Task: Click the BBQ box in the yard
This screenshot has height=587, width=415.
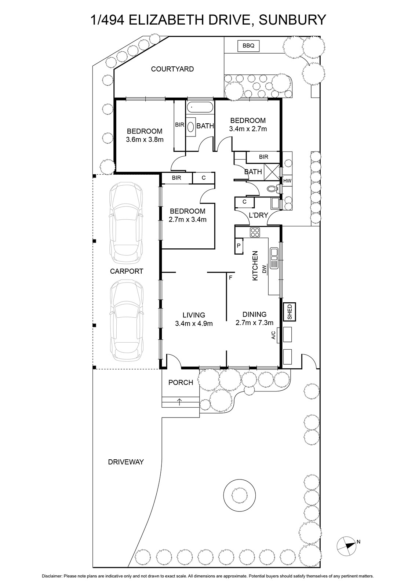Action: tap(248, 46)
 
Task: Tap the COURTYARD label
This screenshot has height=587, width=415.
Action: tap(172, 69)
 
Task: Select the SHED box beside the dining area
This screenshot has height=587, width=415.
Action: tap(290, 311)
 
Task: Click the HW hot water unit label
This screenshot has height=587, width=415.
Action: tap(287, 181)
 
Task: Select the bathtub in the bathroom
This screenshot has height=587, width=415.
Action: tap(200, 107)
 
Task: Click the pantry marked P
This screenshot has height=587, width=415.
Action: tap(239, 246)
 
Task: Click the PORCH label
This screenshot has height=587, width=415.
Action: tap(181, 382)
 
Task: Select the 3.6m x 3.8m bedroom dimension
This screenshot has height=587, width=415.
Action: tap(145, 140)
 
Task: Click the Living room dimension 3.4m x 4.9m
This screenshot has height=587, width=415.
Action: tap(194, 323)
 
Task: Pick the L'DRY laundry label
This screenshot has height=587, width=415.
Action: tap(258, 215)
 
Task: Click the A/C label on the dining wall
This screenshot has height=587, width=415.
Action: tap(273, 335)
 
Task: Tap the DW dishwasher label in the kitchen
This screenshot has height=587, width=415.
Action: tap(264, 269)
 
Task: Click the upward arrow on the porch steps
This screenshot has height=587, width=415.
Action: tap(179, 402)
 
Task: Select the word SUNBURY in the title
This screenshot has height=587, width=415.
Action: tap(292, 20)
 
